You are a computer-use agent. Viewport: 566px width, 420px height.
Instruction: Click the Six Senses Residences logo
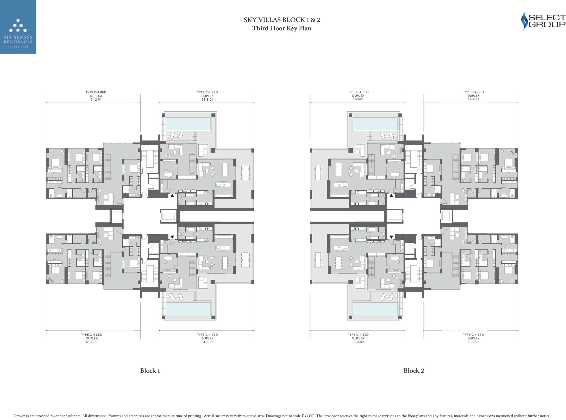18,27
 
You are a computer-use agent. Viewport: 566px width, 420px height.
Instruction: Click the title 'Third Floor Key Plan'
282,28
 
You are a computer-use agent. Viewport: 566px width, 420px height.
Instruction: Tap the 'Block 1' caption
150,371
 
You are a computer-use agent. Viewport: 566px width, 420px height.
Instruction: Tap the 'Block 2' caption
414,371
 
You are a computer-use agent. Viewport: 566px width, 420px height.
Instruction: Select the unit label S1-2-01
96,100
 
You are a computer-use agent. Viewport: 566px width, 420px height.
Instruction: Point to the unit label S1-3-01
208,100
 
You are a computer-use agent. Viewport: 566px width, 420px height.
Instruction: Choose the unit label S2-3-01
358,99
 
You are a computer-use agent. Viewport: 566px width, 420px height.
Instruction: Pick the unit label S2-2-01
473,99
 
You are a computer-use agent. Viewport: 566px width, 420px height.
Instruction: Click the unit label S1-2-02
92,342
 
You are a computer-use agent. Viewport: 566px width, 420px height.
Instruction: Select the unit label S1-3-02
208,342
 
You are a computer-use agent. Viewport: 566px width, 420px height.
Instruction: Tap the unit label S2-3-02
358,342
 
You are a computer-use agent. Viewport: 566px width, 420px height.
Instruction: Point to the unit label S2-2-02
473,342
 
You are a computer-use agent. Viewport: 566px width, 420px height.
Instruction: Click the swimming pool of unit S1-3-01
188,124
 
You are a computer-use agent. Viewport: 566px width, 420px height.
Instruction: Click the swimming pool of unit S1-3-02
188,309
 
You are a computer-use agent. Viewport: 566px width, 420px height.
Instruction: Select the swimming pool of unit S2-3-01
375,124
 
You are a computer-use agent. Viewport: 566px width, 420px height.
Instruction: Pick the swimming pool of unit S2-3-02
375,309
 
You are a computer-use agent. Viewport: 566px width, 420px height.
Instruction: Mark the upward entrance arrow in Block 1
172,195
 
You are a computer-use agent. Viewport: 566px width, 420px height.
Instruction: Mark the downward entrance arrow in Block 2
391,237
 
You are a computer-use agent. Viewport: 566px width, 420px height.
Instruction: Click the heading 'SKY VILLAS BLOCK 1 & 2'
282,20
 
